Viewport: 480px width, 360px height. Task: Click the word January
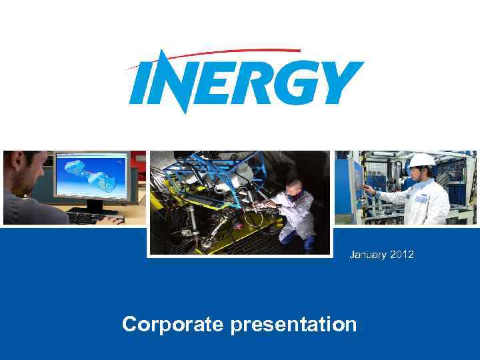367,254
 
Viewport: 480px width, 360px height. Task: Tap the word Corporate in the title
173,325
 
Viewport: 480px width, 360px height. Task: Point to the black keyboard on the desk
93,217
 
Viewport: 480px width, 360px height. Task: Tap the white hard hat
421,160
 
